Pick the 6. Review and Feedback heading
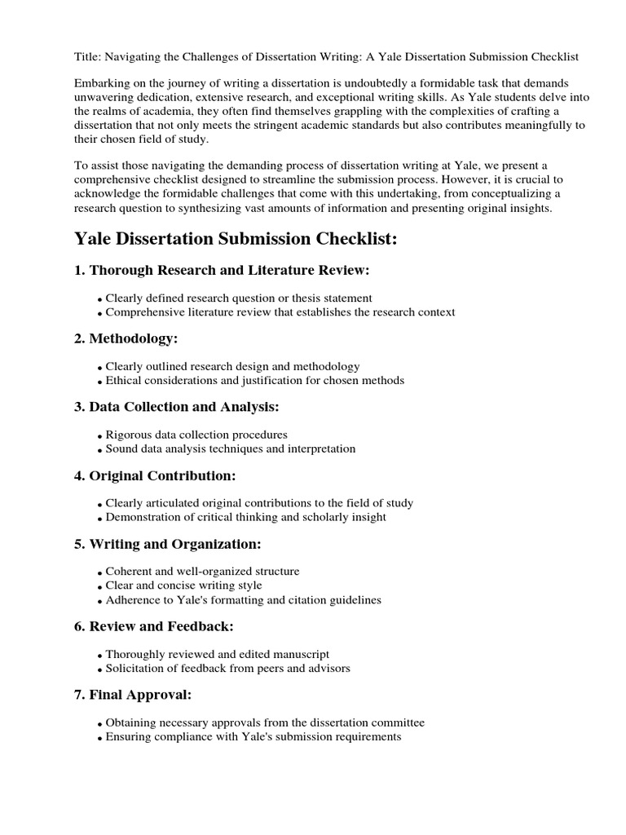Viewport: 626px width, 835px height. click(153, 626)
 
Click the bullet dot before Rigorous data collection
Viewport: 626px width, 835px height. click(99, 436)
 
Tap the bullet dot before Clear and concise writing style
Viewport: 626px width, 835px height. click(99, 587)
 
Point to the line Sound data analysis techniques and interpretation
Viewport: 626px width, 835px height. click(231, 448)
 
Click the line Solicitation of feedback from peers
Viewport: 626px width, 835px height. click(228, 668)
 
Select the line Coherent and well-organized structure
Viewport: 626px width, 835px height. click(203, 571)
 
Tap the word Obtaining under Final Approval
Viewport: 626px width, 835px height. click(130, 722)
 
